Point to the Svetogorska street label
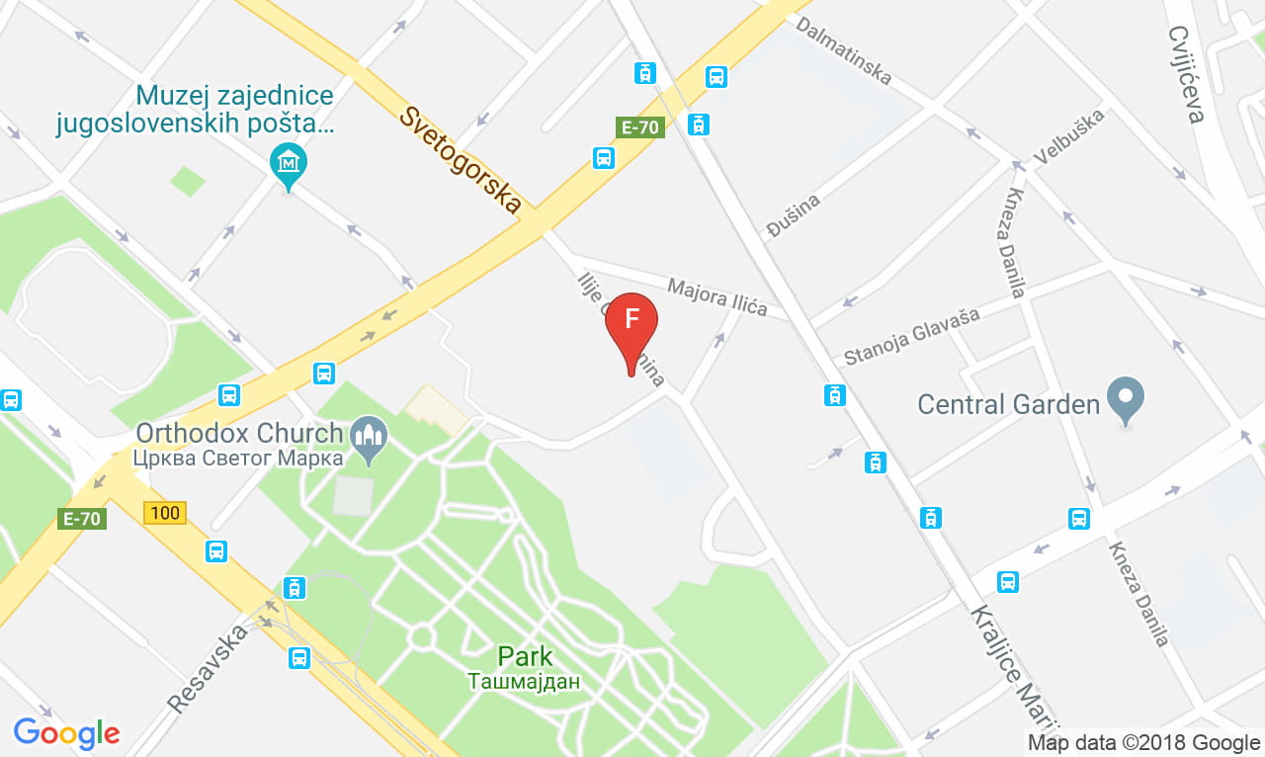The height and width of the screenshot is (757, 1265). coord(460,159)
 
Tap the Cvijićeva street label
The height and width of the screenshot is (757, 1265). coord(1185,75)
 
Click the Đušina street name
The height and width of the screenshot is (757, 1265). coord(794,216)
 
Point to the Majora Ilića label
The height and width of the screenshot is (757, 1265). coord(717,296)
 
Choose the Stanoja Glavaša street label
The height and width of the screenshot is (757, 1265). coord(911,336)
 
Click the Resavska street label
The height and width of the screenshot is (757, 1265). coord(207,673)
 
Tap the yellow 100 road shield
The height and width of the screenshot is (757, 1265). coord(164,513)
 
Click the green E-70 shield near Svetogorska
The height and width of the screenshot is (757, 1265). coord(639,126)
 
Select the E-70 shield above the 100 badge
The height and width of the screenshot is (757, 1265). coord(82,519)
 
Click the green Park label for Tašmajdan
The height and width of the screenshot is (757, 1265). coord(525,656)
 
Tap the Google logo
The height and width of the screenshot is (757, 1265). coord(66,733)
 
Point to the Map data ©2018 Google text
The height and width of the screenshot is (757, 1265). coord(1143,743)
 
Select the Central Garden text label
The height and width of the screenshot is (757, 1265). coord(1008,404)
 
